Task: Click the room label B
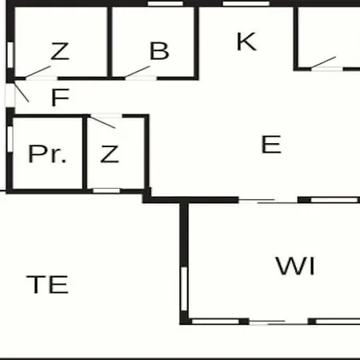pos(159,50)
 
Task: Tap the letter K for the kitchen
pos(246,42)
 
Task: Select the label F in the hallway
pos(60,98)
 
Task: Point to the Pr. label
pos(47,154)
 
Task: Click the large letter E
pos(271,144)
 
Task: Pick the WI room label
pos(295,266)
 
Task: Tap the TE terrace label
pos(47,285)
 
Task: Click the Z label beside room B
pos(60,51)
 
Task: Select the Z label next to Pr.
pos(110,154)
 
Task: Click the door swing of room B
pos(138,72)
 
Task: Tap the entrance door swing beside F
pos(22,92)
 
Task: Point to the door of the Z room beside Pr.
pos(103,122)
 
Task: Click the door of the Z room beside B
pos(38,72)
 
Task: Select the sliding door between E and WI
pos(268,201)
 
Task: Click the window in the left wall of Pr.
pos(10,138)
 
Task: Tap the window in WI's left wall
pos(184,289)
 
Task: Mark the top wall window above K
pos(246,3)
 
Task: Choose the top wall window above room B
pos(166,3)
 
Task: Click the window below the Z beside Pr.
pos(106,190)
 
